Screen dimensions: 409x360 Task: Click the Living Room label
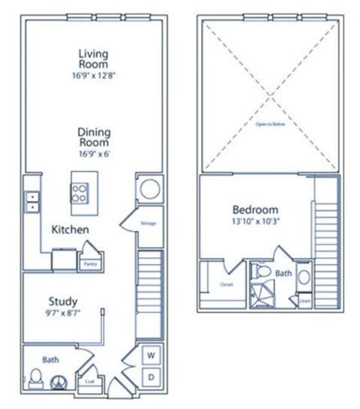click(x=94, y=59)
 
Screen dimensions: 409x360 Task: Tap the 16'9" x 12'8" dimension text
click(x=94, y=75)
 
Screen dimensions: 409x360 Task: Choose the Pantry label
click(x=89, y=263)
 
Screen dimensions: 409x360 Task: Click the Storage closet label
click(x=147, y=223)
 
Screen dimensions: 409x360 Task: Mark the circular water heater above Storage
click(x=148, y=188)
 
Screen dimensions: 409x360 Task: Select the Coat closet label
click(x=89, y=380)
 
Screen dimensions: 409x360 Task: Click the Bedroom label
click(x=255, y=209)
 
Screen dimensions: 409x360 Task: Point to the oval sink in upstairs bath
click(x=302, y=277)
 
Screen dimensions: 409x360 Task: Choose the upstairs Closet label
click(x=225, y=284)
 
